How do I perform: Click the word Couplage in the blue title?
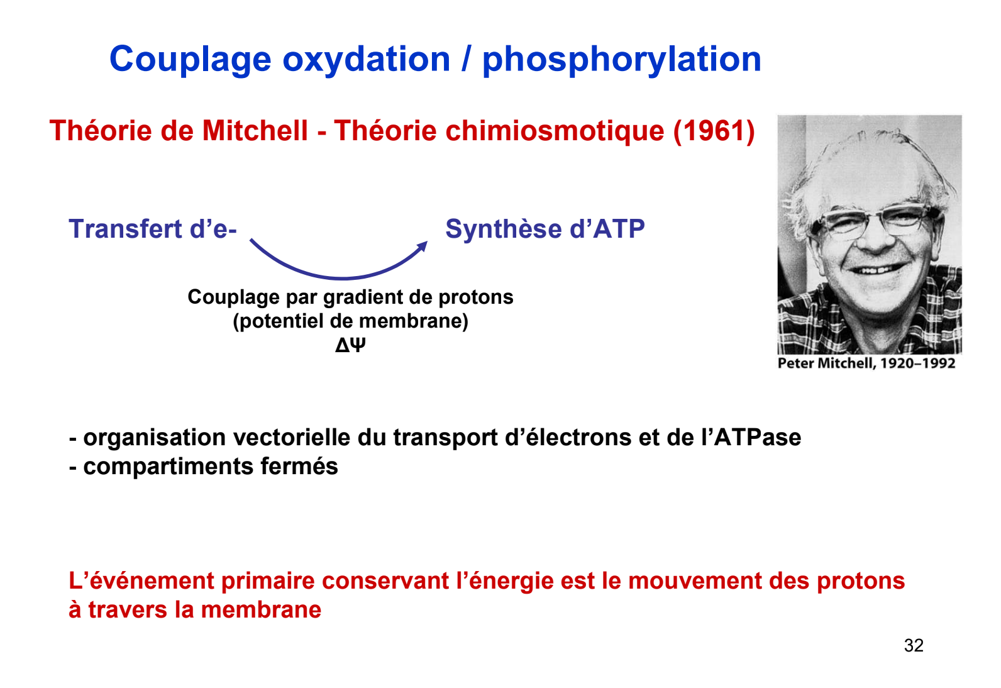coord(191,60)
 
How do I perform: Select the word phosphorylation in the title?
coord(622,60)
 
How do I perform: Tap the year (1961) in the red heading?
coord(714,131)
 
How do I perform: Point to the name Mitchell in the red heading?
coord(255,131)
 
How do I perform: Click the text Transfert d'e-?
coord(153,229)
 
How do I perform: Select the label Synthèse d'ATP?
coord(545,229)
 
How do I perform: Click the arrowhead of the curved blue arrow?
coord(423,247)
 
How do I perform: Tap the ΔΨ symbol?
coord(350,345)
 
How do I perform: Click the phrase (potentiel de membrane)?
coord(350,321)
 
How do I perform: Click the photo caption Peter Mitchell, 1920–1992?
coord(866,363)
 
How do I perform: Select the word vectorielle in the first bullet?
coord(292,437)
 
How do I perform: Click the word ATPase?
coord(758,437)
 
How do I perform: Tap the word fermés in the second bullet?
coord(299,466)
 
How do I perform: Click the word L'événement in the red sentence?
coord(141,581)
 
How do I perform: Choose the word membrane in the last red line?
coord(261,610)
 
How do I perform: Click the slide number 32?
coord(914,645)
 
